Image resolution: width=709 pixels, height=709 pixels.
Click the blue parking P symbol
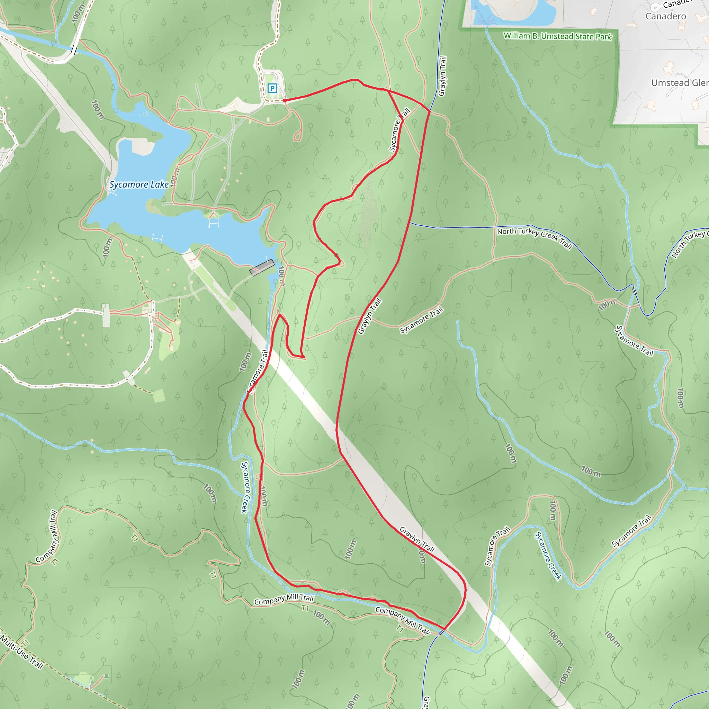[272, 88]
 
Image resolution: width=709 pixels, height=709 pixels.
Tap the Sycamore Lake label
[139, 184]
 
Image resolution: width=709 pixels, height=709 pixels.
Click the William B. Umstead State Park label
[557, 36]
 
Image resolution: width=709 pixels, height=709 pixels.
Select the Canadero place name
[666, 17]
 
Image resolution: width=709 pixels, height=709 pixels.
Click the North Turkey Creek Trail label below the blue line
[534, 238]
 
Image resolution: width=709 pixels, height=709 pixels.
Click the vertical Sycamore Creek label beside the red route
[245, 487]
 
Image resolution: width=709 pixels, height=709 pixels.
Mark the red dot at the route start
[285, 100]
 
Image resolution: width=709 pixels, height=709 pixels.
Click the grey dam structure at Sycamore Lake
[262, 267]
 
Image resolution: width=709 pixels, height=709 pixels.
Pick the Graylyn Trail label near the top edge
[442, 76]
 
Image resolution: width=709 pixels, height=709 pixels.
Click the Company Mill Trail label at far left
[47, 536]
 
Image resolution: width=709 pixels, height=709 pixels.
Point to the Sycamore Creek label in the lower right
[548, 556]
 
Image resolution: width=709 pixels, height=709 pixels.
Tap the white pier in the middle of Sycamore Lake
[214, 222]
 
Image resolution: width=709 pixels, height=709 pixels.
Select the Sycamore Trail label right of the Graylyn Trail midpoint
[421, 320]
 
